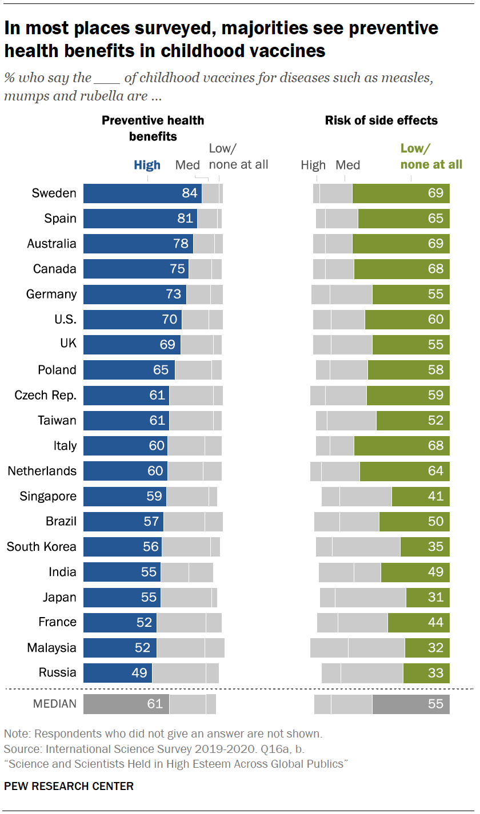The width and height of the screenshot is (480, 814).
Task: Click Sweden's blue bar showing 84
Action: (x=142, y=194)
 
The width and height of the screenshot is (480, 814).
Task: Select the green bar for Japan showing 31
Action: (x=427, y=598)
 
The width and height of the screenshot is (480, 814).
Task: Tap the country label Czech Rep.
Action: (x=45, y=395)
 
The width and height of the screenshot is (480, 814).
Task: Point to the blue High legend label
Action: (x=147, y=166)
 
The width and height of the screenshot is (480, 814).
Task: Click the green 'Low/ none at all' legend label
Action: (x=431, y=157)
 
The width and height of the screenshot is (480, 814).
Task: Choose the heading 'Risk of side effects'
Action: (x=381, y=120)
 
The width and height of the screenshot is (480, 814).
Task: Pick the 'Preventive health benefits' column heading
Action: (x=153, y=128)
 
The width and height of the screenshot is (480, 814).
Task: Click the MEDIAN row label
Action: (x=55, y=704)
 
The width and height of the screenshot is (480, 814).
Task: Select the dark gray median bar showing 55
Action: (x=410, y=704)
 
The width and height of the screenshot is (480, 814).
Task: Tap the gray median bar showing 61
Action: (x=126, y=704)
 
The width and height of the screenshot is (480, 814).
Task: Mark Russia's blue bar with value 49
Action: (x=118, y=673)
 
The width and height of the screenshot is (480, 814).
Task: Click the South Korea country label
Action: (x=41, y=547)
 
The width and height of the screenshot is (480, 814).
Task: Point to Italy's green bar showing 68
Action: (x=401, y=446)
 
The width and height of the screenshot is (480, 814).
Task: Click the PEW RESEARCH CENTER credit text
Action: (x=69, y=786)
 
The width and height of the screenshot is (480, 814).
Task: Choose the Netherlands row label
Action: (x=42, y=471)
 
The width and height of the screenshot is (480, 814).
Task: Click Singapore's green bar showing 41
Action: (x=421, y=497)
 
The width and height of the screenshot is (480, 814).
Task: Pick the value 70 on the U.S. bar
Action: (x=170, y=319)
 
